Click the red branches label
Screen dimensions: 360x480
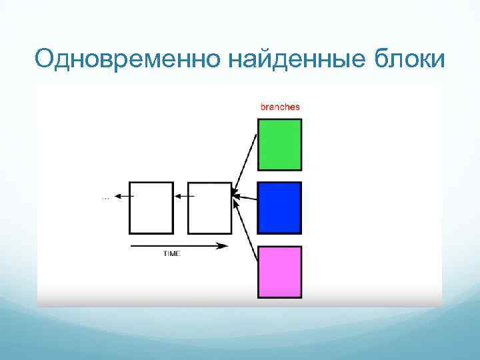click(x=279, y=107)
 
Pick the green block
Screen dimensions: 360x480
click(x=279, y=145)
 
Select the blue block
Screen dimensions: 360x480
click(x=279, y=207)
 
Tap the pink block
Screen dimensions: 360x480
click(x=279, y=271)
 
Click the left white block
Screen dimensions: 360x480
click(x=151, y=207)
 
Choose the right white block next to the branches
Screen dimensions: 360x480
click(x=209, y=207)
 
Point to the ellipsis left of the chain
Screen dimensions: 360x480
click(x=105, y=197)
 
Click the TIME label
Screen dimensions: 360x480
click(x=172, y=254)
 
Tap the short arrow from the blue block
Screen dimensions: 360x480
click(x=245, y=197)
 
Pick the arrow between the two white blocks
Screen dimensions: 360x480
click(x=184, y=196)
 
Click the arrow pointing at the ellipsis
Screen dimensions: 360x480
click(x=123, y=196)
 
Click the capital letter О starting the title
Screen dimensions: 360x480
click(x=45, y=60)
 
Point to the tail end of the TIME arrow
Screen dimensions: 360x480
click(x=132, y=246)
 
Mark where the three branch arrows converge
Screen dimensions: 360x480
click(x=233, y=195)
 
